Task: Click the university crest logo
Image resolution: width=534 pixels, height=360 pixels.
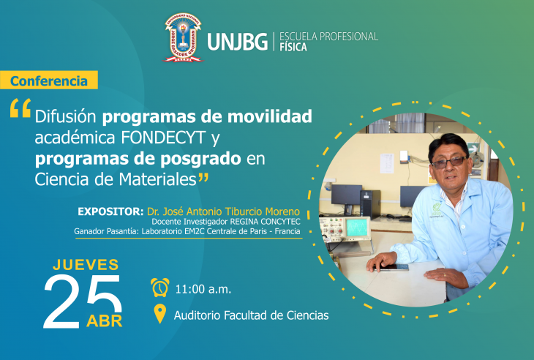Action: [183, 37]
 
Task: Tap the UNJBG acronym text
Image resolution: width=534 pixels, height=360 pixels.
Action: [237, 42]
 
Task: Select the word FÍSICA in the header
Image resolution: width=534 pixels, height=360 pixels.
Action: [293, 47]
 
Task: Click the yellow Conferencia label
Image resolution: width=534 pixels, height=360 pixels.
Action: [49, 80]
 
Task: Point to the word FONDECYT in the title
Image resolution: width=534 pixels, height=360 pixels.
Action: [163, 138]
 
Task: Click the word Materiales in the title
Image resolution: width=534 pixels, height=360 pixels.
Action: [158, 179]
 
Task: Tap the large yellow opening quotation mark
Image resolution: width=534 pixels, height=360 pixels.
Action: [20, 108]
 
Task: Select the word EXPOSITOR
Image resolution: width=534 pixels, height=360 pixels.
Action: [110, 211]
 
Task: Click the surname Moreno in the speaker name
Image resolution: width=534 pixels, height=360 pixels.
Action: [282, 211]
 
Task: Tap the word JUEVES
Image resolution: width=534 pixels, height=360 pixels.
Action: [86, 265]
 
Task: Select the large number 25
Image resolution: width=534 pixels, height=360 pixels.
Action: [83, 301]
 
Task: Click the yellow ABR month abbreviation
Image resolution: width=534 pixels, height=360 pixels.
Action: [104, 321]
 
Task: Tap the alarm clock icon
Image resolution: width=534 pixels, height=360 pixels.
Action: [160, 288]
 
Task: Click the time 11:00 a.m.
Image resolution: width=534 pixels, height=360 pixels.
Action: [203, 290]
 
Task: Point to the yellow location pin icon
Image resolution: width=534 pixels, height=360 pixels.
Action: [160, 314]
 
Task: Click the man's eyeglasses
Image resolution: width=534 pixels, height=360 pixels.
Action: [450, 162]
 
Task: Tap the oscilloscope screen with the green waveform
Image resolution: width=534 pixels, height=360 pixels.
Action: [357, 227]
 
